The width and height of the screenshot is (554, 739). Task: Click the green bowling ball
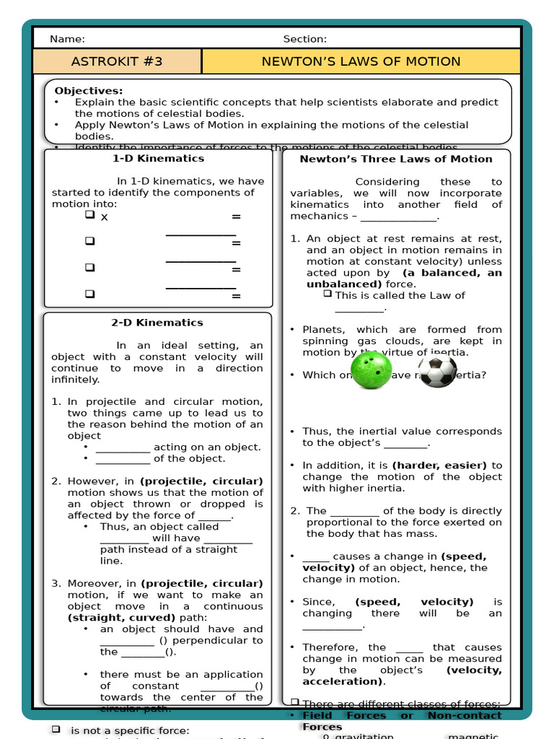(371, 371)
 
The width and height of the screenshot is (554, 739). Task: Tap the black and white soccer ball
(437, 371)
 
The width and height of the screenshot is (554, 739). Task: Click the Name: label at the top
(67, 39)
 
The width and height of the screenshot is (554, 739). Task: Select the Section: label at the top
(304, 39)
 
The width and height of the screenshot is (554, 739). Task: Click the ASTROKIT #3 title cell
(117, 61)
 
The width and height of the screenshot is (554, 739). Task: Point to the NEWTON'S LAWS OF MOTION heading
(361, 61)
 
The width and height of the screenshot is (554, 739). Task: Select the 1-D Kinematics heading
(158, 158)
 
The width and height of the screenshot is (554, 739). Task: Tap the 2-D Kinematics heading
(157, 323)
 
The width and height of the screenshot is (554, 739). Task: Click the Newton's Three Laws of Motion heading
(396, 159)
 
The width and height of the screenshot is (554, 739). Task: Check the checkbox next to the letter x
(89, 215)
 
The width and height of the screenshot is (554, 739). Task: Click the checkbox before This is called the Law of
(327, 294)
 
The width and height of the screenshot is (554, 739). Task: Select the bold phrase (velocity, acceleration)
(402, 675)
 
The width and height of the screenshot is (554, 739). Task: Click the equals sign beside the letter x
(236, 217)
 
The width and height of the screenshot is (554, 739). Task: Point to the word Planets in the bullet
(322, 329)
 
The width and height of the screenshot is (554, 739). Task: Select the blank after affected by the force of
(214, 516)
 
